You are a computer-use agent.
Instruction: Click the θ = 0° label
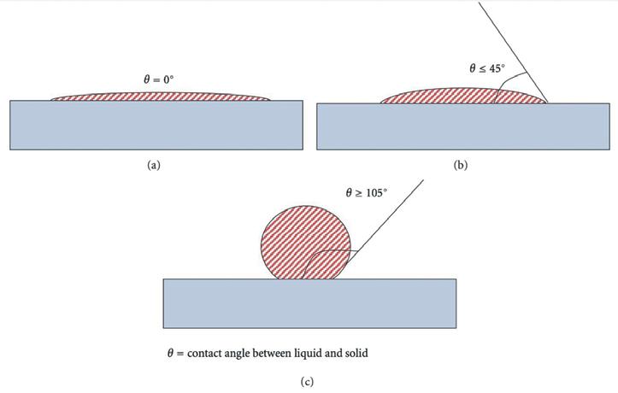(x=161, y=79)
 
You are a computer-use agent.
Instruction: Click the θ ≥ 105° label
(x=366, y=193)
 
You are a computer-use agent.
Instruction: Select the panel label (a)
(x=154, y=166)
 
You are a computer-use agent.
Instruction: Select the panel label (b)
(x=461, y=166)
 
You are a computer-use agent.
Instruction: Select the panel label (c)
(x=308, y=382)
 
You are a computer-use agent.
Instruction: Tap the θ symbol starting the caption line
(x=170, y=353)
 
